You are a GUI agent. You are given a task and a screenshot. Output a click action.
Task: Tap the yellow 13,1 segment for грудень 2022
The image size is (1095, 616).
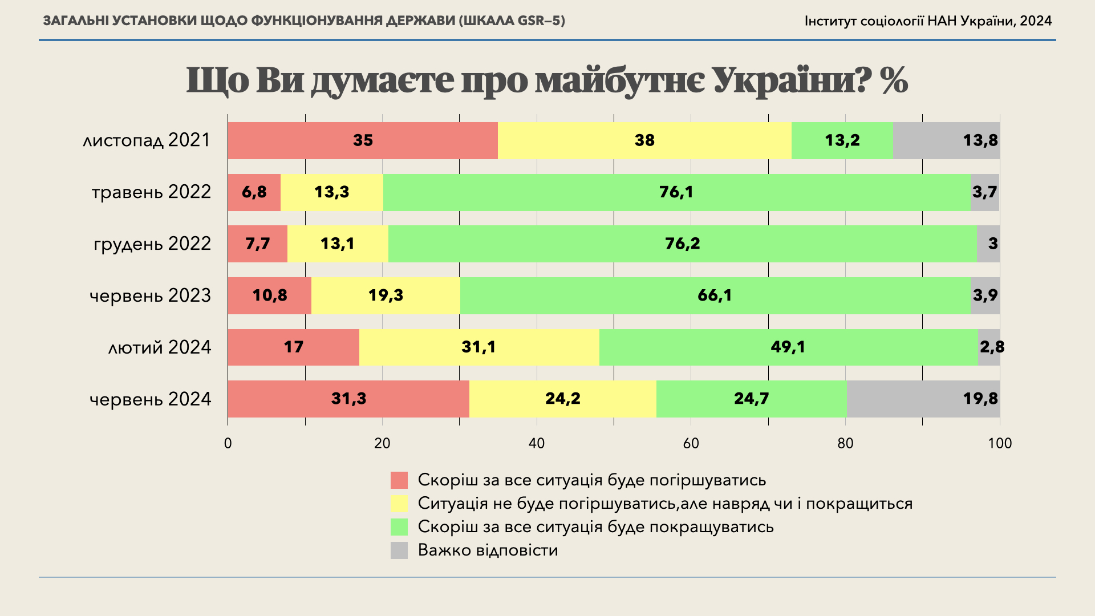[x=338, y=244]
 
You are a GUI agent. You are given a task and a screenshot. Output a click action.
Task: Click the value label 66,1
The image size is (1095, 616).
[x=715, y=295]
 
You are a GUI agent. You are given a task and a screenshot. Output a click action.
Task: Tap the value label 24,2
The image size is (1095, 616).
[x=563, y=399]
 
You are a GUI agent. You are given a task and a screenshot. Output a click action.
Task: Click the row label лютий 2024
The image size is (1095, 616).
[x=160, y=347]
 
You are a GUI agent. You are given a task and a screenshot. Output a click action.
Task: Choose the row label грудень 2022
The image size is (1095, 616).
[x=152, y=244]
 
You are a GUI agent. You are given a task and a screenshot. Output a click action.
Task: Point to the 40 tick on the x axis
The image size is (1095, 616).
[x=537, y=443]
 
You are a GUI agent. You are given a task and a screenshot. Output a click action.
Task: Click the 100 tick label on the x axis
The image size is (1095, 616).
[x=1000, y=443]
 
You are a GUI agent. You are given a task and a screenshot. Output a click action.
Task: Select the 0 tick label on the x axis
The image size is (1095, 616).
[x=228, y=443]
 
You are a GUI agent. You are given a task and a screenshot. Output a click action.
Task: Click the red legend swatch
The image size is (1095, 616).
[x=399, y=480]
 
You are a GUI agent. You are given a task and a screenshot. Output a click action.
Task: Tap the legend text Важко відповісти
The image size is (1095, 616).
[x=488, y=550]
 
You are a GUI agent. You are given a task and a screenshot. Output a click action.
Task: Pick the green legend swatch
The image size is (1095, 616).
[x=399, y=527]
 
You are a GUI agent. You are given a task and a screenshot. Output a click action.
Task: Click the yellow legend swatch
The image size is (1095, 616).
[x=399, y=504]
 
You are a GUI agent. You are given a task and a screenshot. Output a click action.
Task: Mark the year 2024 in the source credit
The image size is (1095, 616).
[x=1036, y=21]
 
